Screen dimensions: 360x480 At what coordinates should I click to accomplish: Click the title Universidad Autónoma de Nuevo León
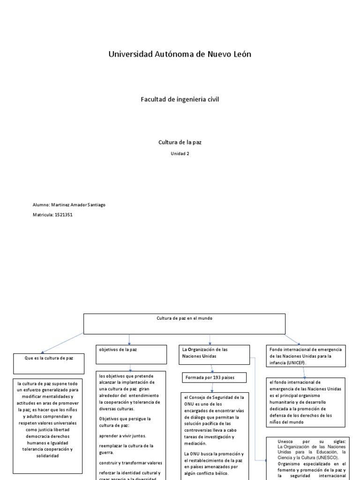(180, 54)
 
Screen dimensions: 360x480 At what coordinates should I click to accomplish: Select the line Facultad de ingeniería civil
(180, 99)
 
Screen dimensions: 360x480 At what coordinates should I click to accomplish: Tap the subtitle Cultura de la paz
(180, 142)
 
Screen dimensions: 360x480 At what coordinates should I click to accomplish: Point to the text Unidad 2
(180, 153)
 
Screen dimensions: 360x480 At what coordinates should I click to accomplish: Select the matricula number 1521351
(63, 215)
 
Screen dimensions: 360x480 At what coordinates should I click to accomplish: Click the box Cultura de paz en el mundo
(184, 323)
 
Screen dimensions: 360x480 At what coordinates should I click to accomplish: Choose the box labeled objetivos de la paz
(131, 354)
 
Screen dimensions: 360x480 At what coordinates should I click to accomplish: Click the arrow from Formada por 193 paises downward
(212, 387)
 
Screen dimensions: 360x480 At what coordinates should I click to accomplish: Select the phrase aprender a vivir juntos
(120, 435)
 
